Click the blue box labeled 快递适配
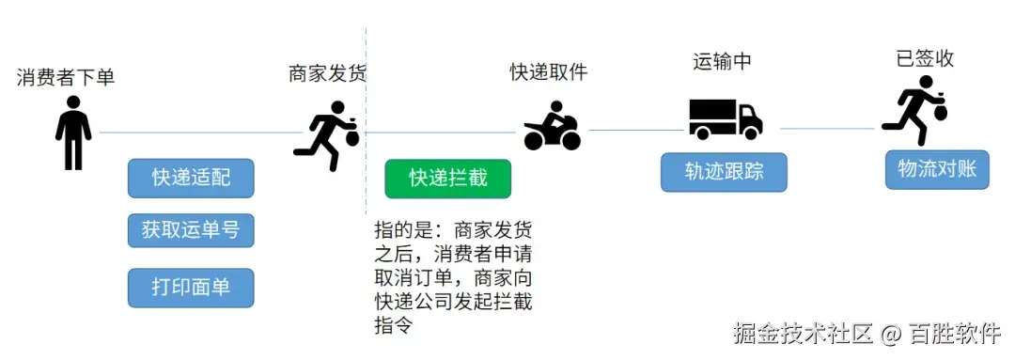coord(191,178)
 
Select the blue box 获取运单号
coord(191,230)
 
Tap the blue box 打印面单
coord(191,288)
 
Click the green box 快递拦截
coord(448,178)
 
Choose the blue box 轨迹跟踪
coord(724,172)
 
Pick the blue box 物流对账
coord(937,169)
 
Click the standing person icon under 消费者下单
coord(73,137)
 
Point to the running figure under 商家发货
coord(326,135)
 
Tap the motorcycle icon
coord(553,128)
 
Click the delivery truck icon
coord(725,119)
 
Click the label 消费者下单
coord(66,77)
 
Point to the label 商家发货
coord(327,73)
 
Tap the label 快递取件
coord(549,71)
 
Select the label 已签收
coord(926,58)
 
